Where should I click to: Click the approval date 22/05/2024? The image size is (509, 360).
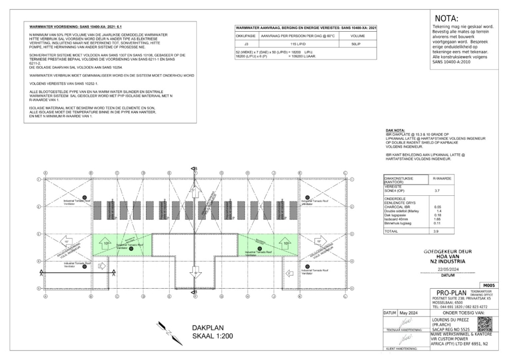point(447,269)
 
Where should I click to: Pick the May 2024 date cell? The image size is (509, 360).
point(410,312)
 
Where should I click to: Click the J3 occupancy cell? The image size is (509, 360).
point(245,42)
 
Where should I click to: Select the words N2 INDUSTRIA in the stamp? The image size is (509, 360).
point(447,262)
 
